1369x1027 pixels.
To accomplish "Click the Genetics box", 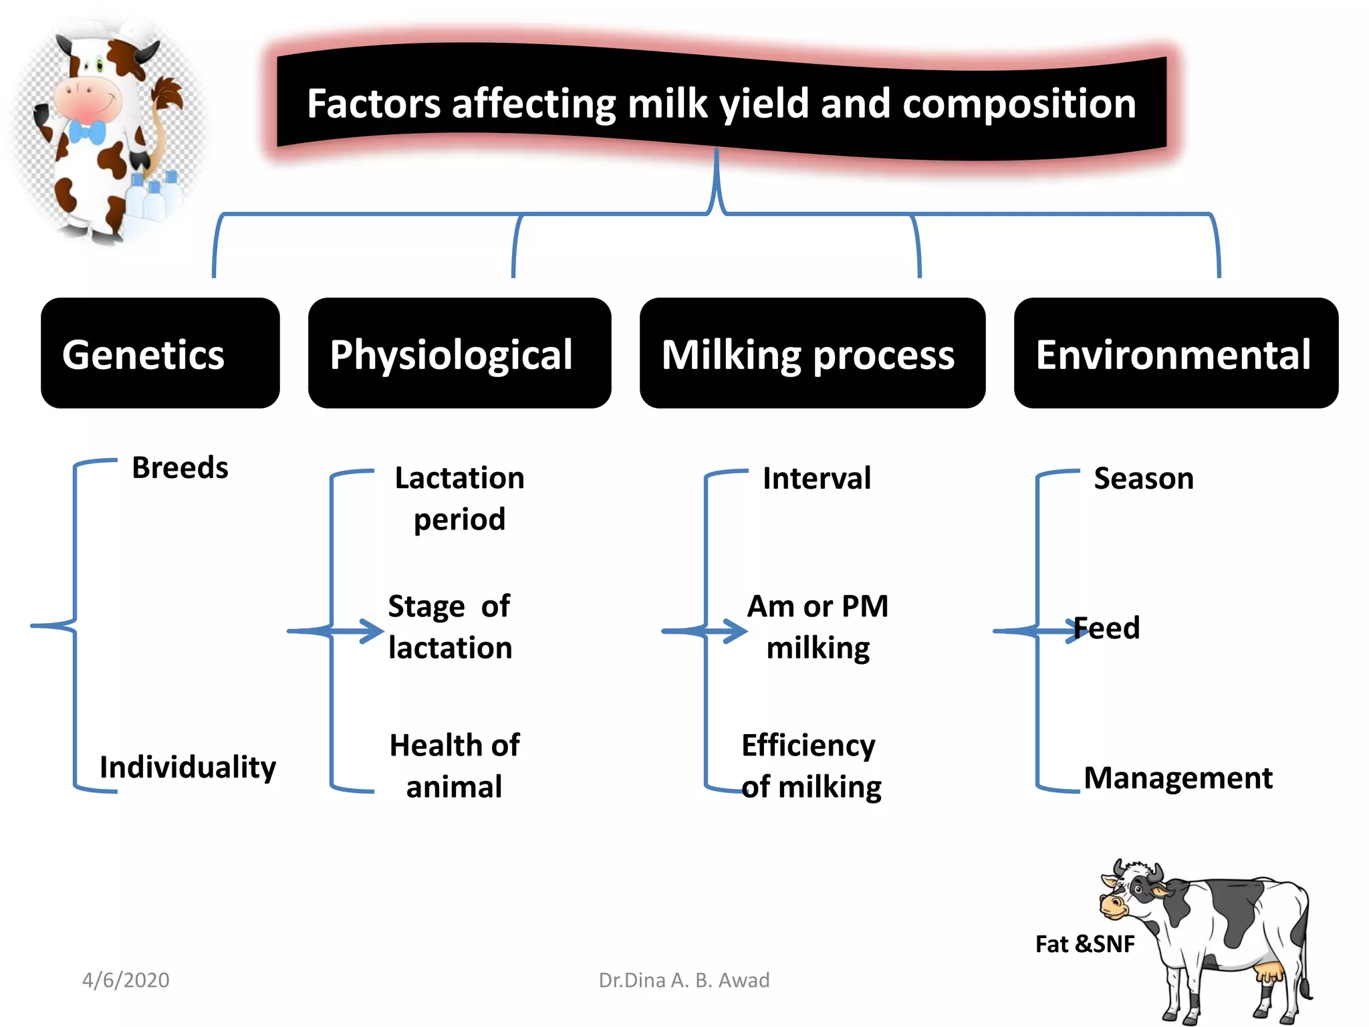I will point(160,353).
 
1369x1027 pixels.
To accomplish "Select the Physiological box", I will point(459,353).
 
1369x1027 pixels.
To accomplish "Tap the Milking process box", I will point(812,353).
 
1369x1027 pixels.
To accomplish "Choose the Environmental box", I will point(1175,353).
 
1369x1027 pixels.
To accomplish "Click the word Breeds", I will point(180,467).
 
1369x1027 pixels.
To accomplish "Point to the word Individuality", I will point(188,767).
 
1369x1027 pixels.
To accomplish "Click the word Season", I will point(1143,479).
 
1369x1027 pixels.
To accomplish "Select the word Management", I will point(1178,778).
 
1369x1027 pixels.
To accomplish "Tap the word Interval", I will point(817,479).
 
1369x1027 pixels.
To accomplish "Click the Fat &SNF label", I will point(1084,944).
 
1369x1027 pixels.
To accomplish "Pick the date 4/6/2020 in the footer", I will point(126,980).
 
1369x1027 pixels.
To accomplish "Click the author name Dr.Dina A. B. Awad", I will point(684,980).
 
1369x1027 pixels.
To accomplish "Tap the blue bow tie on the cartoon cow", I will point(87,132).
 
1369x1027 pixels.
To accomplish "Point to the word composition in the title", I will point(1019,104).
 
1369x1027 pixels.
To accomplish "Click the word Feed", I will point(1107,629).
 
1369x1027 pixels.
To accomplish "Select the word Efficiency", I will point(808,745).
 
